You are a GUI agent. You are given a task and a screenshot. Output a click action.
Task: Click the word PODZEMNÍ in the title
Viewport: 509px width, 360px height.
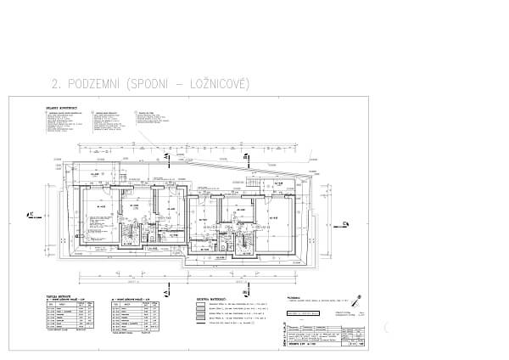tap(94, 83)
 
